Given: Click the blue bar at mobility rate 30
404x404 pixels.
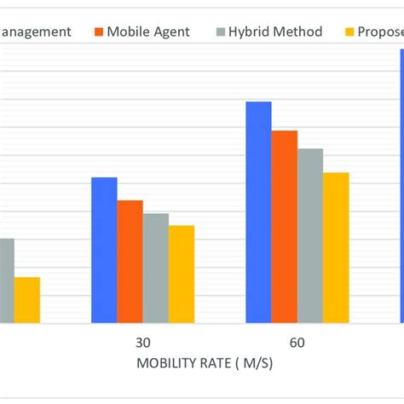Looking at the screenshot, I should (104, 250).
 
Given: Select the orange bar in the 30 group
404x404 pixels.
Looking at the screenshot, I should (130, 262).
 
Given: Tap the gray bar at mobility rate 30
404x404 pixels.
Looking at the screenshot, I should (155, 268).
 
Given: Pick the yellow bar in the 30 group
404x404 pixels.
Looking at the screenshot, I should (181, 274).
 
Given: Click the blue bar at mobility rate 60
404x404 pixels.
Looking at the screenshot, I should (258, 212).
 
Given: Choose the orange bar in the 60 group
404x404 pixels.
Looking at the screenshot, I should (284, 227).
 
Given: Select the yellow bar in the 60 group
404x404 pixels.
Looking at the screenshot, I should (336, 247).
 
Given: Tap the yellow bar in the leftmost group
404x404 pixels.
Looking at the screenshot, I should (26, 299).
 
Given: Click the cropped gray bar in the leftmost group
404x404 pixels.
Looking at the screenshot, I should (7, 280).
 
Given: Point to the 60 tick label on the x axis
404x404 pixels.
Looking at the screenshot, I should (297, 343).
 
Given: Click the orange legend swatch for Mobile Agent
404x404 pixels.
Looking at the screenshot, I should (98, 32).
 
